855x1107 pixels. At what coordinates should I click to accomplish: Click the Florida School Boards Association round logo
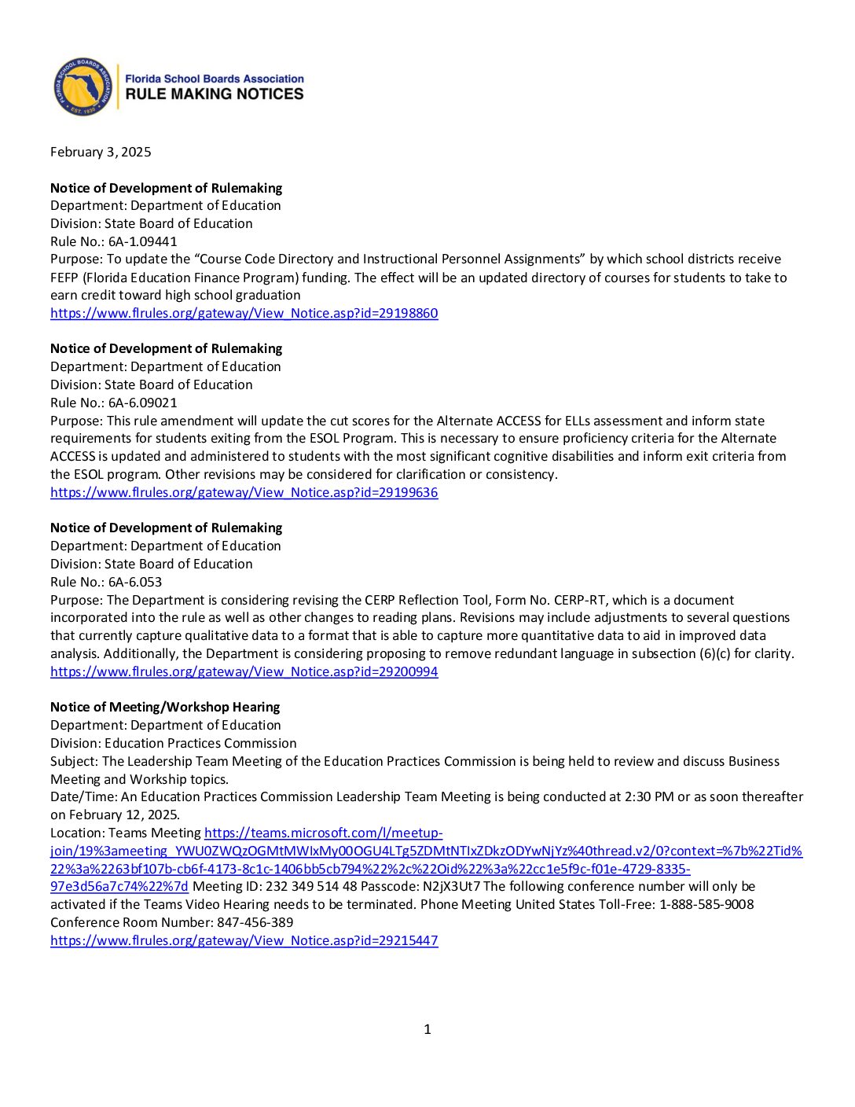coord(83,86)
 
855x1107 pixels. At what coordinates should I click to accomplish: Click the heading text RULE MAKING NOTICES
coord(214,94)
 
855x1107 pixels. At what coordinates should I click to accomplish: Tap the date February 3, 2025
coord(101,152)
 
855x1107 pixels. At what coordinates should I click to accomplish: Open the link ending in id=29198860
coord(244,313)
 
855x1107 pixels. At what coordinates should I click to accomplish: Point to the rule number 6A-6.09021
coord(142,403)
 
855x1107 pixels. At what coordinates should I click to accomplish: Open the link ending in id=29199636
coord(244,492)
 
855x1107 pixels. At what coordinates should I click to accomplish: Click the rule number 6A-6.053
coord(135,582)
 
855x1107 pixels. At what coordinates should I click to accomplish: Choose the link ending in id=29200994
coord(244,671)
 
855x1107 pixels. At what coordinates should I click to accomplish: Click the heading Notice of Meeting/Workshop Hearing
coord(165,707)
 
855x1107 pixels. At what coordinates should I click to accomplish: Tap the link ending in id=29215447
coord(244,940)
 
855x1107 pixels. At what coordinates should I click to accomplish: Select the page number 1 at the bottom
coord(427,1029)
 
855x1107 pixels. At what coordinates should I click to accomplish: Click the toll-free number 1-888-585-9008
coord(706,904)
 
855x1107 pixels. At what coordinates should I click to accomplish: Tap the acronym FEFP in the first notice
coord(64,278)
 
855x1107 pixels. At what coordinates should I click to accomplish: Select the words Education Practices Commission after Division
coord(200,743)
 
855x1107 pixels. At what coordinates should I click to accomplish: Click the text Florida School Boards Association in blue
coord(215,79)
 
